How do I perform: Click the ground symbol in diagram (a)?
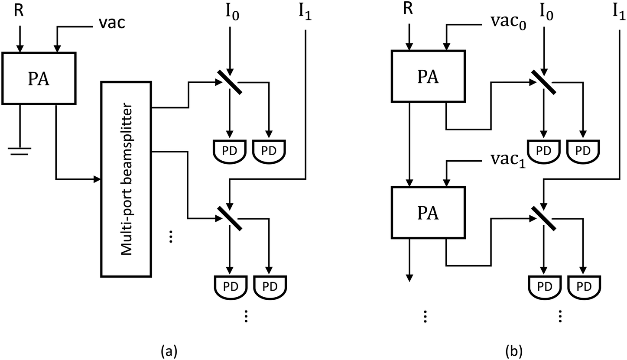tap(19, 150)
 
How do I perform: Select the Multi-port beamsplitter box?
tap(126, 178)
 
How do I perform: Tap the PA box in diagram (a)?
tap(39, 78)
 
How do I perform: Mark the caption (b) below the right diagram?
tap(514, 349)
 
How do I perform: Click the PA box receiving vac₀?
tap(428, 76)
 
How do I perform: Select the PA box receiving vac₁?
tap(428, 212)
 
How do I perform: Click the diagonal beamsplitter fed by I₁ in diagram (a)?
tap(230, 218)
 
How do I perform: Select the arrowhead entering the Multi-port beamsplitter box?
tap(97, 179)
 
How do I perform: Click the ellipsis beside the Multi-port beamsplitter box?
tap(171, 237)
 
